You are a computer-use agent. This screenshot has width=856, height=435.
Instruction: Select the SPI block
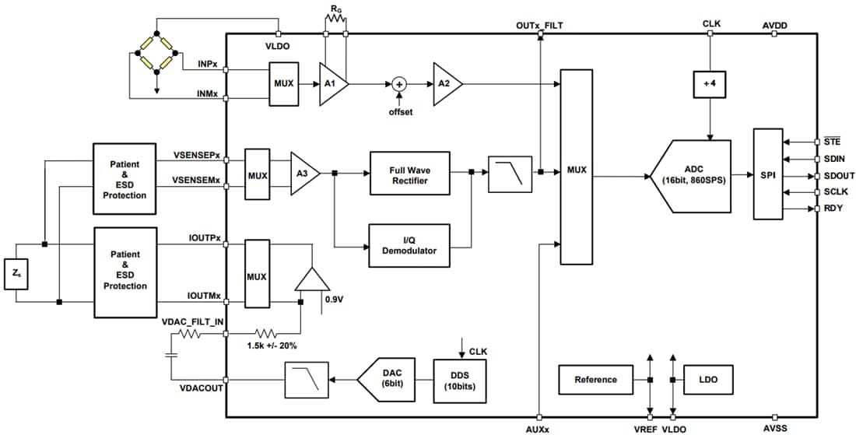click(768, 175)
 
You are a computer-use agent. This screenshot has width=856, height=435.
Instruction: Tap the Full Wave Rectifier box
click(409, 175)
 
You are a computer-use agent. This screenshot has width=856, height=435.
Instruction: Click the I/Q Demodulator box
click(409, 245)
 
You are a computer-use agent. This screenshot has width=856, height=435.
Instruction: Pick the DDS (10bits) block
click(459, 380)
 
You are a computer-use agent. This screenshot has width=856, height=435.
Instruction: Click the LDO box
click(707, 380)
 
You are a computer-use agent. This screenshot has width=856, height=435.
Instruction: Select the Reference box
click(595, 380)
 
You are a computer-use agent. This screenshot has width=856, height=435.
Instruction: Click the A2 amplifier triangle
click(446, 83)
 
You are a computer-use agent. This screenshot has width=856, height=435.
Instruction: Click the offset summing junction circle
click(399, 83)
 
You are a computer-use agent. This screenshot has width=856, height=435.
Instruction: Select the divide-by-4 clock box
click(708, 83)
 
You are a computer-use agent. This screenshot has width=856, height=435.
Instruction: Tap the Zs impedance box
click(16, 274)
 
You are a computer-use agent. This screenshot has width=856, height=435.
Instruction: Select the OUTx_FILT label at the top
click(539, 25)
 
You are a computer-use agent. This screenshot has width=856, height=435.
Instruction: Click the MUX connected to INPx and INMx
click(282, 83)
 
